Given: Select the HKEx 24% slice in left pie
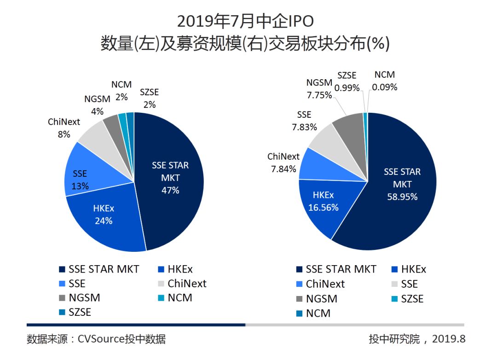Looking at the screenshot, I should click(x=106, y=221).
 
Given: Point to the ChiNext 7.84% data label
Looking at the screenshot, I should click(x=283, y=163).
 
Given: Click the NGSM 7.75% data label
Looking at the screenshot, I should click(x=319, y=89).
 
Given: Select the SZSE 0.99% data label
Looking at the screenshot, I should click(x=347, y=81).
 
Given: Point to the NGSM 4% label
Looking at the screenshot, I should click(x=97, y=105).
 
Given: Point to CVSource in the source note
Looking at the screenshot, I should click(x=102, y=340).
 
